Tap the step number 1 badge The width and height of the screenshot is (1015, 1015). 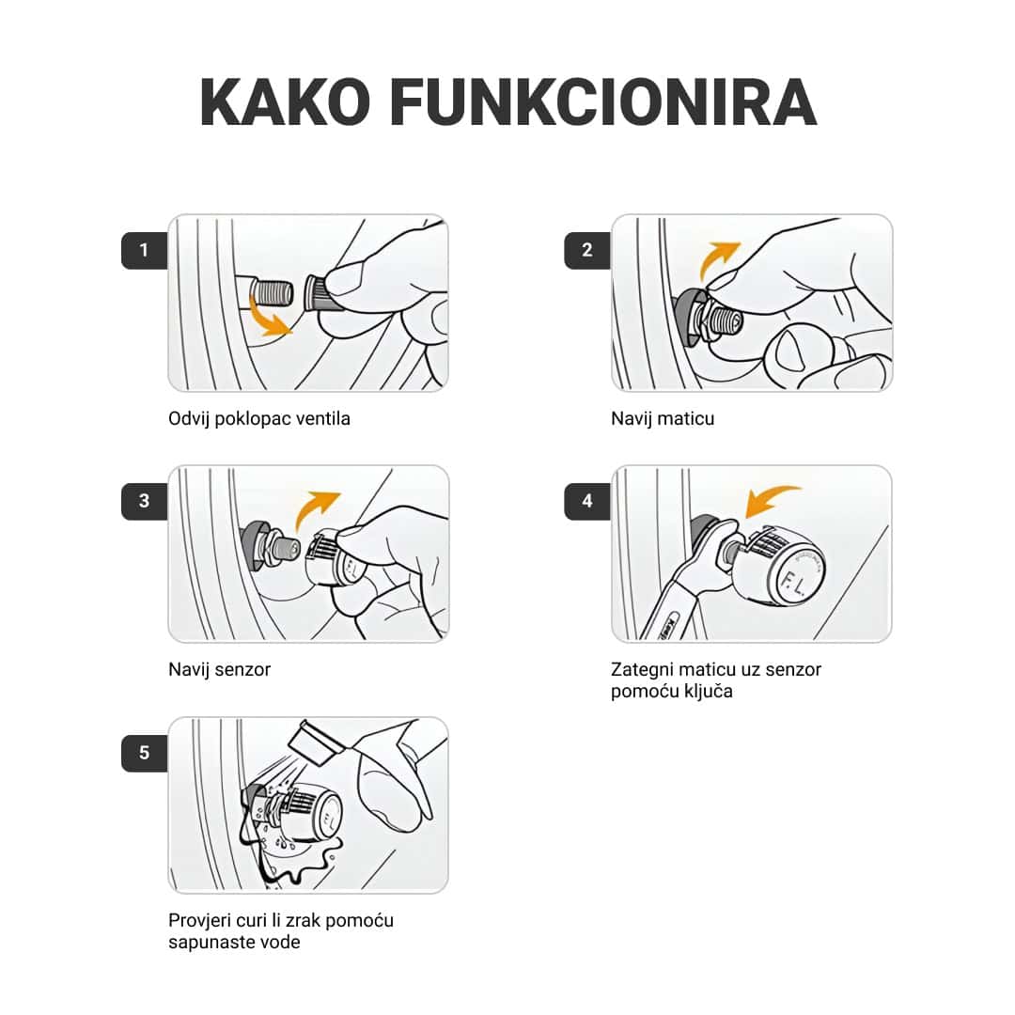[144, 250]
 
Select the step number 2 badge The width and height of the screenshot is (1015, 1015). [587, 250]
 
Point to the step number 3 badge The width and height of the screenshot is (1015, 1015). [144, 501]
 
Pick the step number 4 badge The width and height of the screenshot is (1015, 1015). [587, 501]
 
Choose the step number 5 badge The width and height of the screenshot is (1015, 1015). [144, 753]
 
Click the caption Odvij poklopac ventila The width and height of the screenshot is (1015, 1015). [259, 419]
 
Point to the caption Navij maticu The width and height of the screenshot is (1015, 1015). [663, 419]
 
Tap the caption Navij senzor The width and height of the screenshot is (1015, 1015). [220, 670]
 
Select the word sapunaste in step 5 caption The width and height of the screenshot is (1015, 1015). [208, 942]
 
